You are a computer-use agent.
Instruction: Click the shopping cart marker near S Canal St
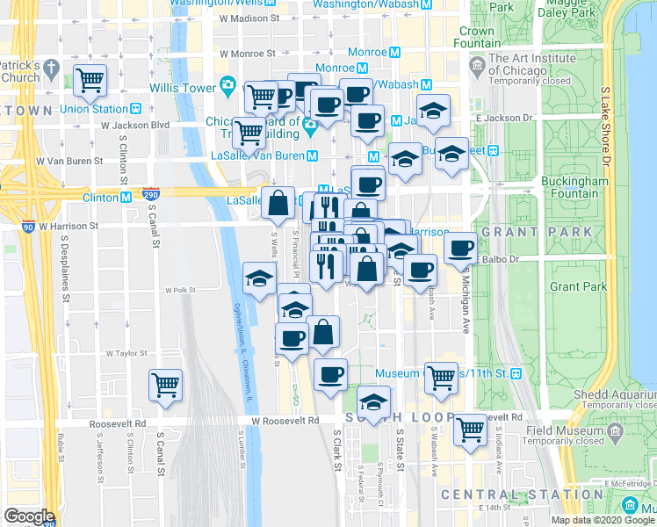tap(165, 385)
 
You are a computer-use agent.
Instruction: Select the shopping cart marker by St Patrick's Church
tap(90, 81)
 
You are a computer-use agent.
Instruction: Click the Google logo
tap(29, 517)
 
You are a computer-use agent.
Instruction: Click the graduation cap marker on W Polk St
tap(259, 280)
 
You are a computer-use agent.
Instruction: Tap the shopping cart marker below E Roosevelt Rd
tap(471, 430)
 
